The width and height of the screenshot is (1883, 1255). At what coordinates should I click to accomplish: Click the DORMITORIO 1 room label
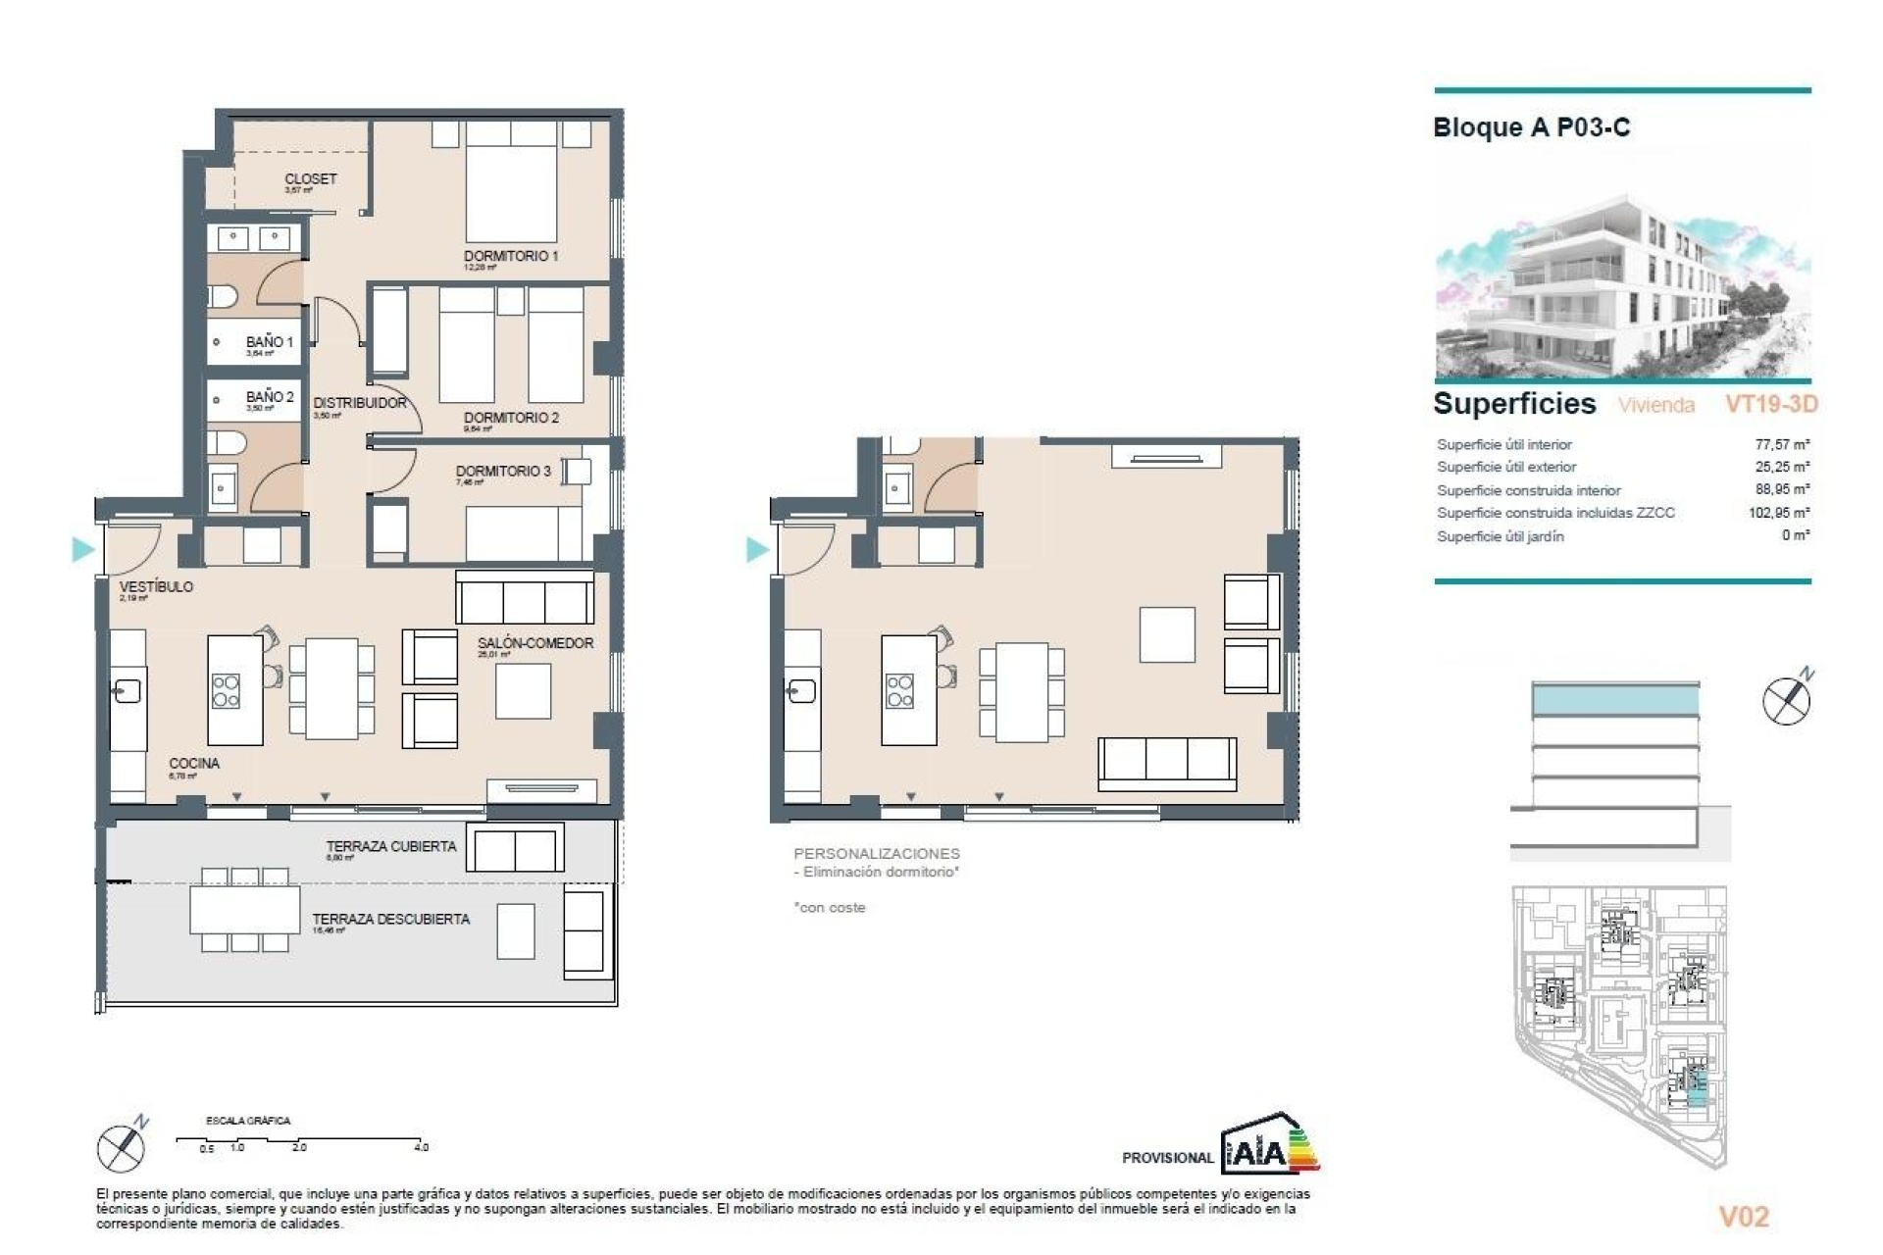(511, 256)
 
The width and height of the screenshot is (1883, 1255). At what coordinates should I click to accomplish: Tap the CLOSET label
(310, 179)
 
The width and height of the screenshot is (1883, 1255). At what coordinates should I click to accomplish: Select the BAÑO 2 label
(270, 397)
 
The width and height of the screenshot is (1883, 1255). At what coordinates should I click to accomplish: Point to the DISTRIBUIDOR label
(359, 403)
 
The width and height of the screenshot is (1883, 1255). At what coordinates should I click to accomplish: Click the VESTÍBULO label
(156, 586)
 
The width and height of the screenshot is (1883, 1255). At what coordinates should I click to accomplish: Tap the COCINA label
(194, 763)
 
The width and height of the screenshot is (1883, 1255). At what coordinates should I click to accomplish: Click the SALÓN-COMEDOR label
(535, 643)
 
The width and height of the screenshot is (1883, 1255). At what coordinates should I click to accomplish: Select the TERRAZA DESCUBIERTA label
(390, 919)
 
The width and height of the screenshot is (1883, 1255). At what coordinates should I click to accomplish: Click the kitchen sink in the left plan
(127, 691)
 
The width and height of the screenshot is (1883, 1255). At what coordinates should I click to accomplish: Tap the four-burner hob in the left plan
(227, 690)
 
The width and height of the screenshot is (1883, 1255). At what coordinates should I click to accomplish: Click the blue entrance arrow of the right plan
(757, 549)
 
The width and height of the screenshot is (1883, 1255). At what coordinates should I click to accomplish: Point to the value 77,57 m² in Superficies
(1781, 444)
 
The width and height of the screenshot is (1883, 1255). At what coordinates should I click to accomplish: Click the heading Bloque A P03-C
(1531, 127)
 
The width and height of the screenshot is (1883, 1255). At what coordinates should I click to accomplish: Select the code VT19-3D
(1771, 404)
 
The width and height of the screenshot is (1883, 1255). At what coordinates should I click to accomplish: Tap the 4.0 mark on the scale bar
(422, 1146)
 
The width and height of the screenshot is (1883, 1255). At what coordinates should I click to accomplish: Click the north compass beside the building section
(1787, 699)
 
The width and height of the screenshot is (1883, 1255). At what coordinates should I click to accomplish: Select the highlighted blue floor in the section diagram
(1614, 700)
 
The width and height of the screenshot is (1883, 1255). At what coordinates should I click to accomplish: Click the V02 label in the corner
(1744, 1217)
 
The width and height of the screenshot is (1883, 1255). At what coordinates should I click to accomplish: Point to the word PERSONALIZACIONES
(877, 854)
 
